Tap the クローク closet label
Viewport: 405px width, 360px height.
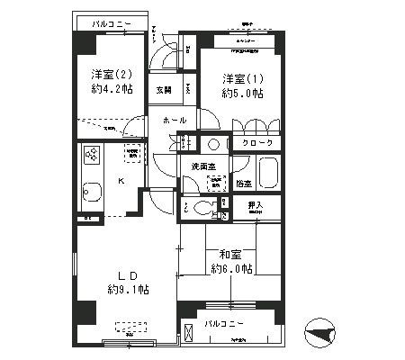[x=256, y=143]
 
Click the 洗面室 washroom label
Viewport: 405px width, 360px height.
[x=202, y=166]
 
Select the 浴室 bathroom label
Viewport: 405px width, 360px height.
[x=243, y=184]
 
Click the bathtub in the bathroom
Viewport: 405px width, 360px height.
[x=268, y=172]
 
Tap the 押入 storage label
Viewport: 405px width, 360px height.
[x=257, y=206]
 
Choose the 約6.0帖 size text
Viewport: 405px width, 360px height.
[x=232, y=268]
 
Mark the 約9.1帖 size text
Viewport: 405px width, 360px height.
[x=128, y=289]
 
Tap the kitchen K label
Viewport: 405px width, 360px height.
[x=121, y=180]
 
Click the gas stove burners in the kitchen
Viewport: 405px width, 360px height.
[x=91, y=155]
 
